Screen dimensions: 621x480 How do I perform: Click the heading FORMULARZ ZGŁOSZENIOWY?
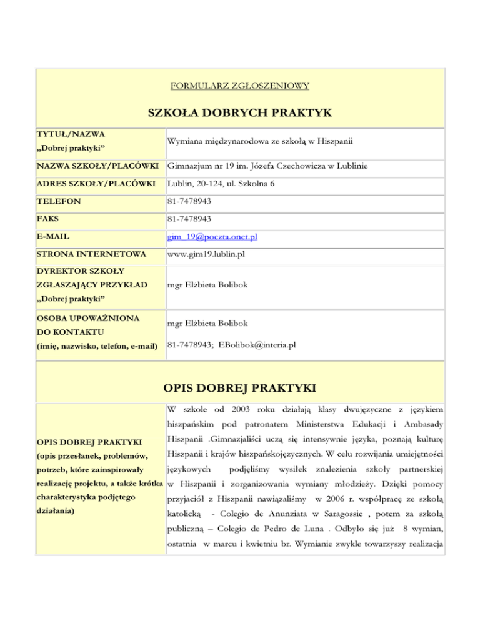coord(240,84)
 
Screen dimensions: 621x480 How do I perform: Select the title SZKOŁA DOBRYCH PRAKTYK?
coord(240,112)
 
